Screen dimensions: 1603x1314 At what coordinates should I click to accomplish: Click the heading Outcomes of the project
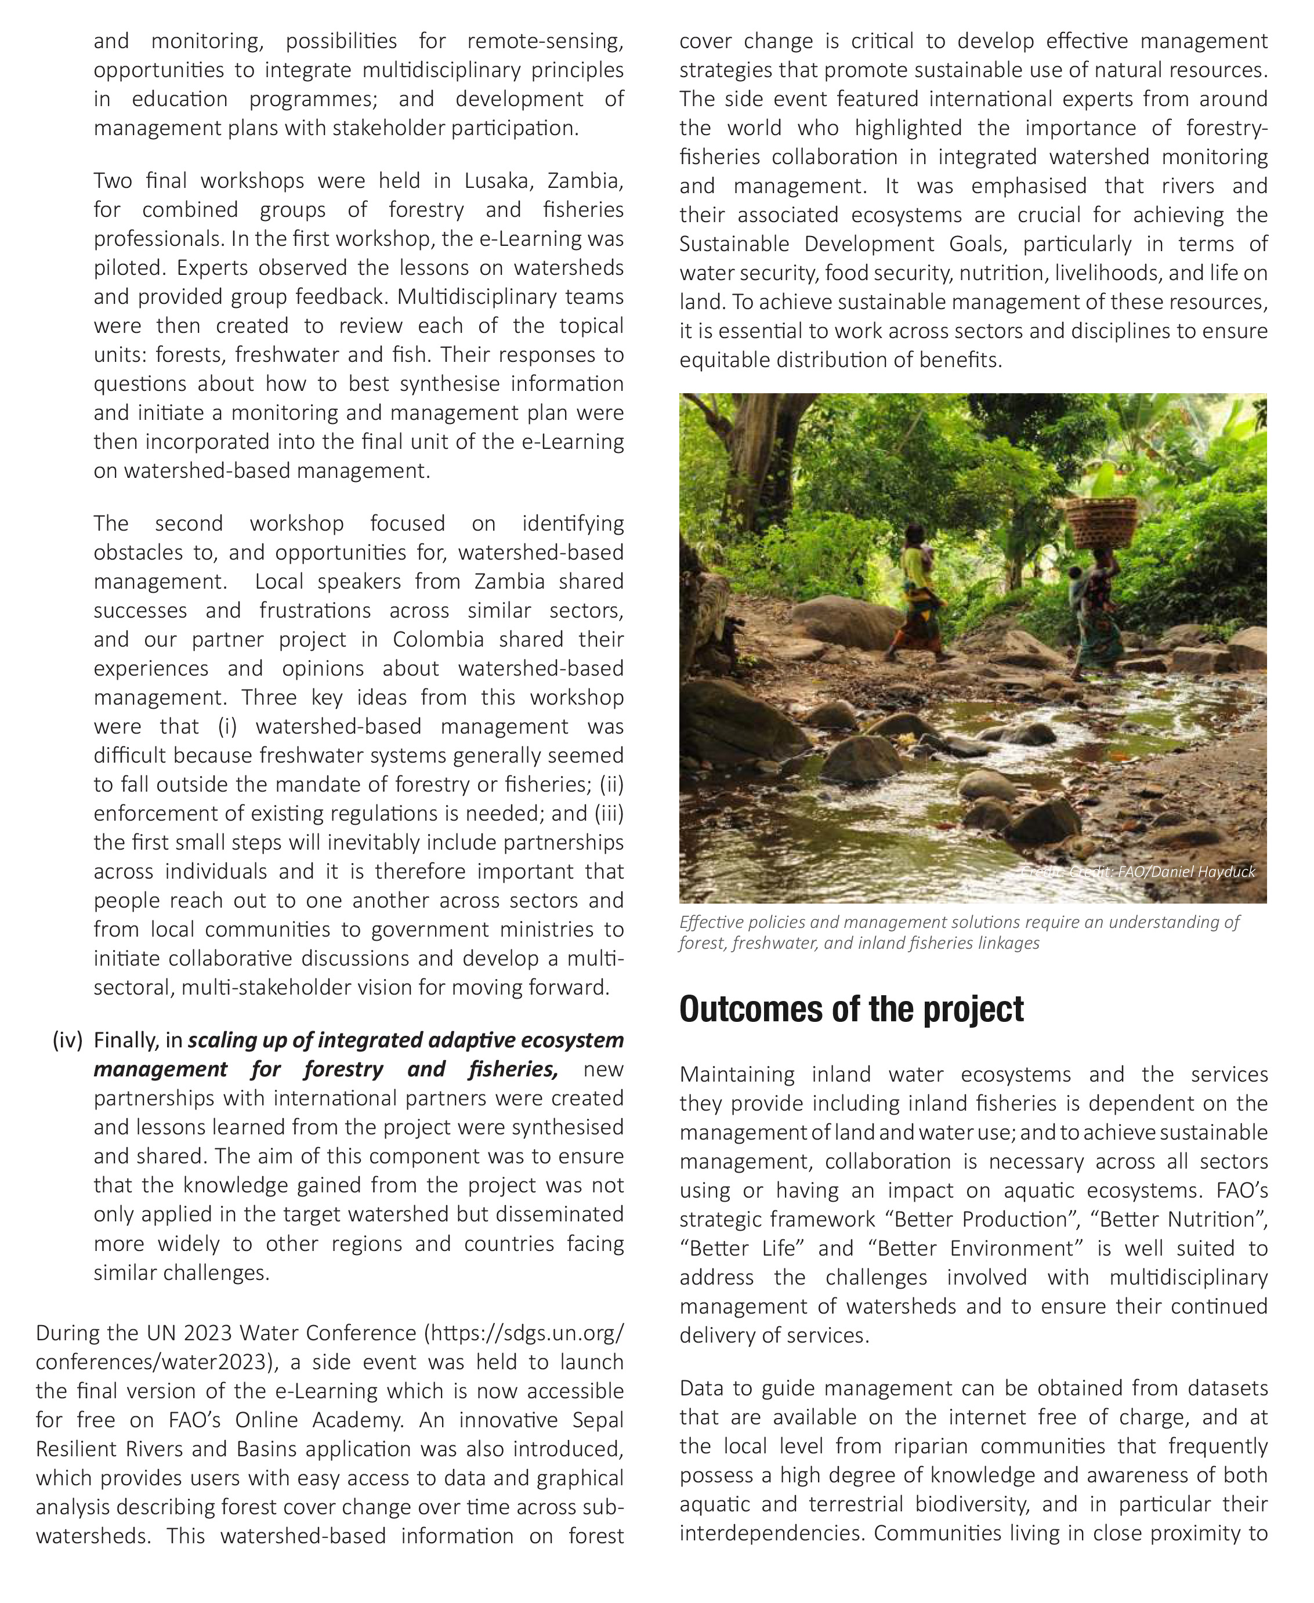(851, 1009)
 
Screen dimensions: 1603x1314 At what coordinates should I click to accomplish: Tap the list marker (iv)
(67, 1040)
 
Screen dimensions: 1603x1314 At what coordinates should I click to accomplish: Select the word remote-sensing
(545, 41)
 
